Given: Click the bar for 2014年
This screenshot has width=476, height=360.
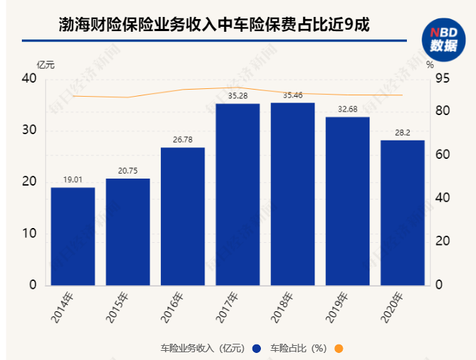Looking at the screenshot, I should (x=73, y=236).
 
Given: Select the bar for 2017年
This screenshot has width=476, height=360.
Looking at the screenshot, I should (x=238, y=194).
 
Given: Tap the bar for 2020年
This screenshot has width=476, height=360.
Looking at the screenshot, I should (x=403, y=212).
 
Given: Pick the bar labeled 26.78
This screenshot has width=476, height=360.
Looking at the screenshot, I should (x=183, y=216).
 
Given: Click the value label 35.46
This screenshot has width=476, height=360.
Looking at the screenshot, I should (x=293, y=95).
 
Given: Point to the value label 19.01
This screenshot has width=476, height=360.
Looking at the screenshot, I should (x=73, y=180).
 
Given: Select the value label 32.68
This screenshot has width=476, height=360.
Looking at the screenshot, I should (x=348, y=109).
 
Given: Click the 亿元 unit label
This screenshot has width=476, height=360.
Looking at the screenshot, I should (x=45, y=64).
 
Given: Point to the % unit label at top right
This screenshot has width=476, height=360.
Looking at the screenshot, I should (x=430, y=64).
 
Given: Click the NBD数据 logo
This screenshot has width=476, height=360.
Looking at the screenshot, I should (x=444, y=40).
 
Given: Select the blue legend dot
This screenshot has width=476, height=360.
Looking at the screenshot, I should (x=256, y=348).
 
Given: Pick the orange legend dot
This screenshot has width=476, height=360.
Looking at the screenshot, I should (x=338, y=348).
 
